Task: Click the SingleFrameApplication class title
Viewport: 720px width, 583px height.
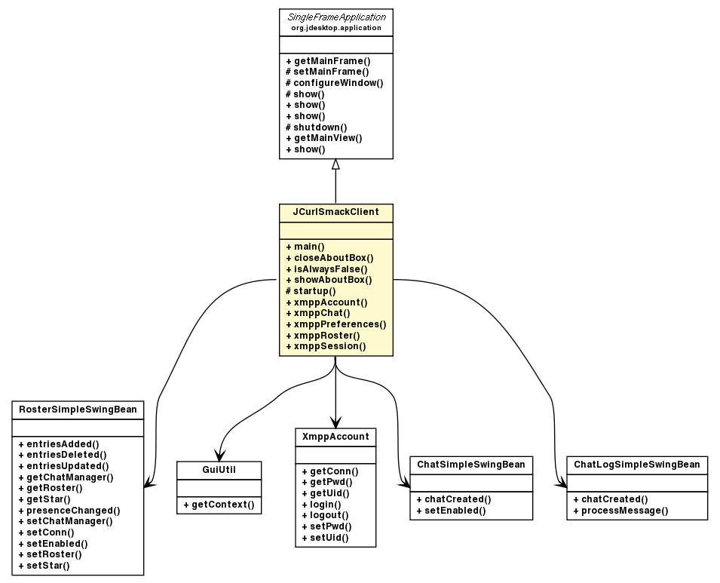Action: [335, 17]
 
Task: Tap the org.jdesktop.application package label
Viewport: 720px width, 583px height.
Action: [335, 28]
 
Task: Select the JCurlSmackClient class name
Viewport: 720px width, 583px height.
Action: [335, 213]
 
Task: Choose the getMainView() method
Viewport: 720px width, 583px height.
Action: [324, 138]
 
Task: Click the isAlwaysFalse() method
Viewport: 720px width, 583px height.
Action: [326, 268]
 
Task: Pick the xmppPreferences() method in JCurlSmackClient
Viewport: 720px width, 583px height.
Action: [335, 324]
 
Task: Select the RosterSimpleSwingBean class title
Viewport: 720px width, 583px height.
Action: [78, 410]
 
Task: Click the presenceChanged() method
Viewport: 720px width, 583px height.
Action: [69, 511]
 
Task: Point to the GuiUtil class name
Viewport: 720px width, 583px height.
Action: [219, 468]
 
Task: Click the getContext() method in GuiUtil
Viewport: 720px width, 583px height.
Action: [219, 505]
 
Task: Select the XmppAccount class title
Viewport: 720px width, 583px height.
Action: [335, 437]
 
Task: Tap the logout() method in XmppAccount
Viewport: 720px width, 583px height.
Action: [321, 515]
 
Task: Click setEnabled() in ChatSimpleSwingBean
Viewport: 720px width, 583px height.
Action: [451, 511]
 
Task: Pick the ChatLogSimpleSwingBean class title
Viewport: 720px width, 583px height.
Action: [637, 464]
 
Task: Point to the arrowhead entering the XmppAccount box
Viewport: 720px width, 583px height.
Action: [335, 422]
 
